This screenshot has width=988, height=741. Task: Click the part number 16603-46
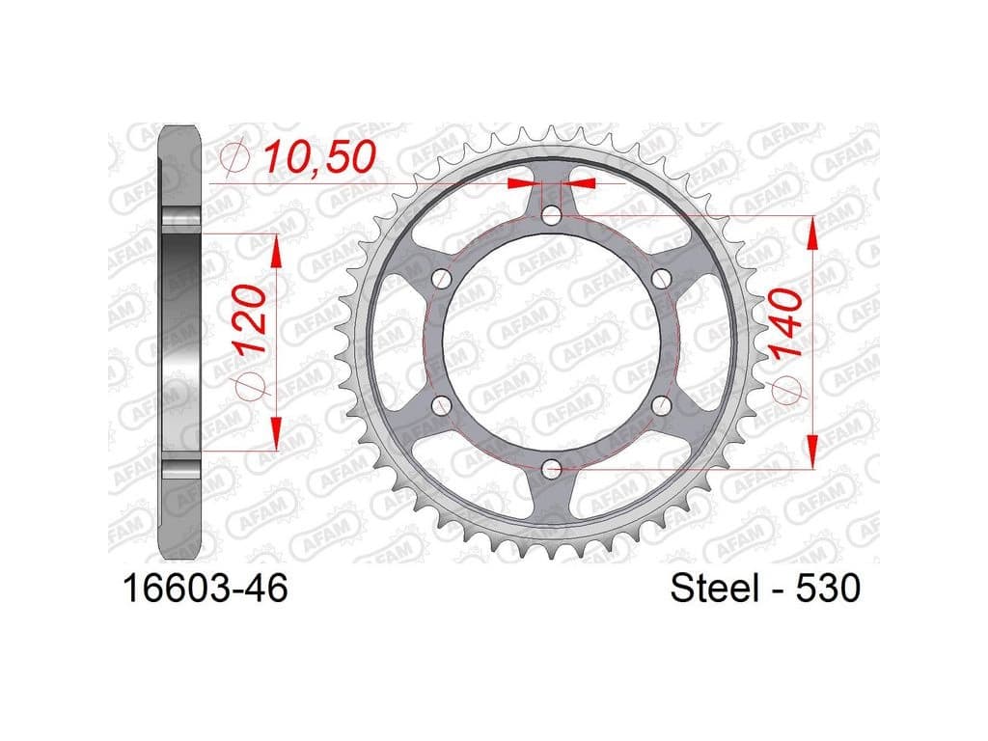pos(206,589)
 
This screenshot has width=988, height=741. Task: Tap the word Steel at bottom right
pos(715,589)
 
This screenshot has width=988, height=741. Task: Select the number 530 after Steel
pos(828,589)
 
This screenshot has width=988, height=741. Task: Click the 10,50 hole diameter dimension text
pos(319,157)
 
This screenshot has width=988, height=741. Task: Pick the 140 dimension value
pos(787,324)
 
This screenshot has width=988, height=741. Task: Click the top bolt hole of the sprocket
pos(552,215)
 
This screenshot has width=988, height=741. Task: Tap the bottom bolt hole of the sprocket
pos(552,468)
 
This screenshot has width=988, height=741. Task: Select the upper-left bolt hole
pos(443,278)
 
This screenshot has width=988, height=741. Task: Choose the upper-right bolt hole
pos(661,278)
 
